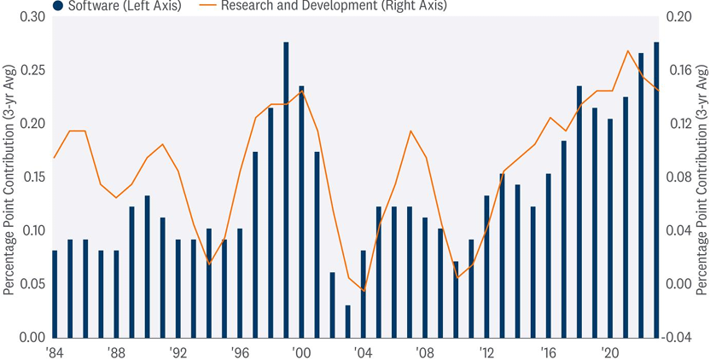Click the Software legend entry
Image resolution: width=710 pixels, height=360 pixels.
click(x=119, y=6)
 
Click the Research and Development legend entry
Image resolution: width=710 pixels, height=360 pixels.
click(x=333, y=6)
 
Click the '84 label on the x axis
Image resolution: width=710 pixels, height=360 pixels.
click(x=54, y=351)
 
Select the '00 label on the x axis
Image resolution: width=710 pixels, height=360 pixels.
click(x=300, y=351)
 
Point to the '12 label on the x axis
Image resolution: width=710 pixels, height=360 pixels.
click(x=487, y=351)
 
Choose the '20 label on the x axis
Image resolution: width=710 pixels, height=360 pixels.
click(x=610, y=351)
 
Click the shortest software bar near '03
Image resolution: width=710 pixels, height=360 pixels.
click(x=348, y=321)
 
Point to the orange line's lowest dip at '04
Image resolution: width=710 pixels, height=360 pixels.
click(x=364, y=291)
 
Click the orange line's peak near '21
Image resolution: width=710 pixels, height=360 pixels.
click(x=627, y=51)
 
